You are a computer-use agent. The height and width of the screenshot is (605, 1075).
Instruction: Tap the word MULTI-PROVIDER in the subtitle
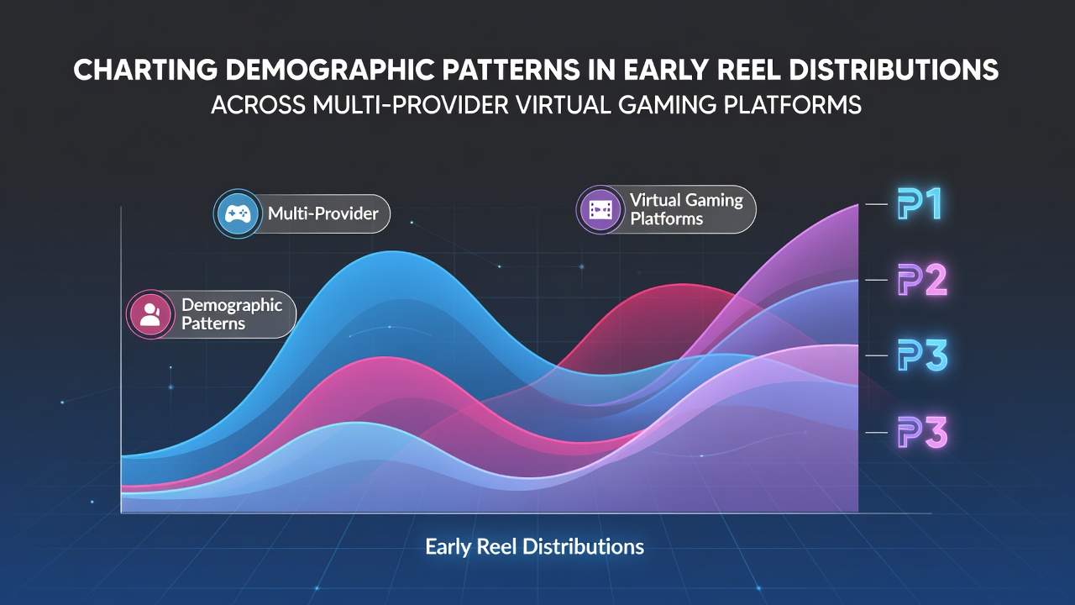tap(411, 105)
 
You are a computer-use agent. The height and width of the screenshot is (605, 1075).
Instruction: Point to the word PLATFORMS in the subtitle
tap(792, 105)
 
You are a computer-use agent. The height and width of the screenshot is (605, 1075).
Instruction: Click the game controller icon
tap(238, 213)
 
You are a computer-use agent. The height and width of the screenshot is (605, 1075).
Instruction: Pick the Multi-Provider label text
tap(323, 213)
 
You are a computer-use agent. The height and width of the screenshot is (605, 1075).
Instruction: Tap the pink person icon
tap(150, 314)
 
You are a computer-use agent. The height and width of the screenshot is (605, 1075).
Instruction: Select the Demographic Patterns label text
tap(232, 314)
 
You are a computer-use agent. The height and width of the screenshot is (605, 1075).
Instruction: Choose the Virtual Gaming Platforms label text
tap(686, 209)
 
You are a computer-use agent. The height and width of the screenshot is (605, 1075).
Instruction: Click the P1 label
tap(920, 204)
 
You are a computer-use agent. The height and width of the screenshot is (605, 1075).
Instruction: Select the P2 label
tap(922, 280)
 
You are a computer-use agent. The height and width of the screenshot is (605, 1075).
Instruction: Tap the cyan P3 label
tap(922, 355)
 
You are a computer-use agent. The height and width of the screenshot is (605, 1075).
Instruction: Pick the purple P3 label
tap(922, 432)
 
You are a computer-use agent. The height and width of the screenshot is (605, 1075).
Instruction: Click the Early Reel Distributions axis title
tap(535, 547)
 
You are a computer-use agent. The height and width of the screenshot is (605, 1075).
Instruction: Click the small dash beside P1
tap(876, 204)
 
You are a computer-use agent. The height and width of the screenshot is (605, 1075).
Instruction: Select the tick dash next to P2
tap(876, 280)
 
